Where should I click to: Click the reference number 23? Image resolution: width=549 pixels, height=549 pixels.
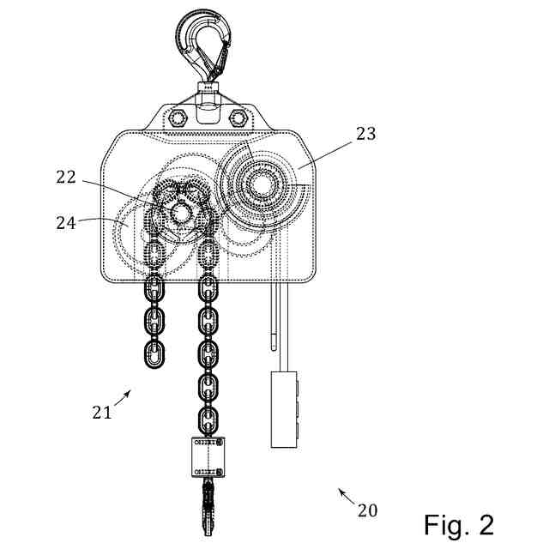tap(366, 134)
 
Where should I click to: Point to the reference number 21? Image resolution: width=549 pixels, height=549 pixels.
tap(102, 412)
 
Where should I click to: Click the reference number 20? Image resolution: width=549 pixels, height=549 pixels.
tap(367, 510)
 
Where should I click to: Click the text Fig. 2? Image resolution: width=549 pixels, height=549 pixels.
tap(459, 523)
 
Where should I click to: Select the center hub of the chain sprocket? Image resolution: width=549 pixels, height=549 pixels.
tap(182, 212)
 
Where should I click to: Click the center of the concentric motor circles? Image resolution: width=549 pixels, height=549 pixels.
tap(260, 184)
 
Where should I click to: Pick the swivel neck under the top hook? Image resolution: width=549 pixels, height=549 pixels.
tap(207, 87)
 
